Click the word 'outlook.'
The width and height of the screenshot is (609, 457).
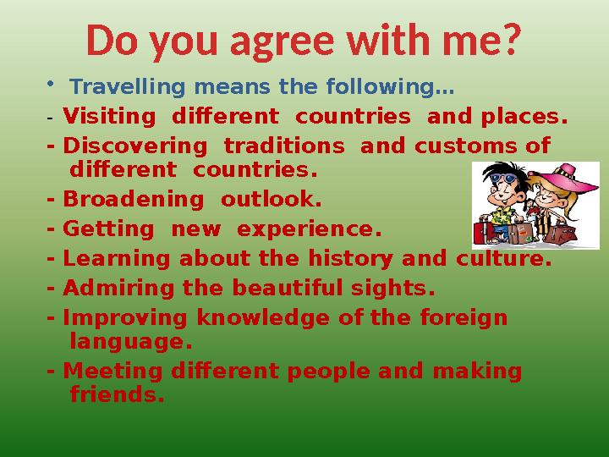(271, 201)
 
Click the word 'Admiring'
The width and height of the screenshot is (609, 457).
(117, 289)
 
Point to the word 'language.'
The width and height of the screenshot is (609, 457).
(131, 342)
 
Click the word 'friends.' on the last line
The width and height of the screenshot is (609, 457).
(117, 394)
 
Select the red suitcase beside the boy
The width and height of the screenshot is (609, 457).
(485, 231)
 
